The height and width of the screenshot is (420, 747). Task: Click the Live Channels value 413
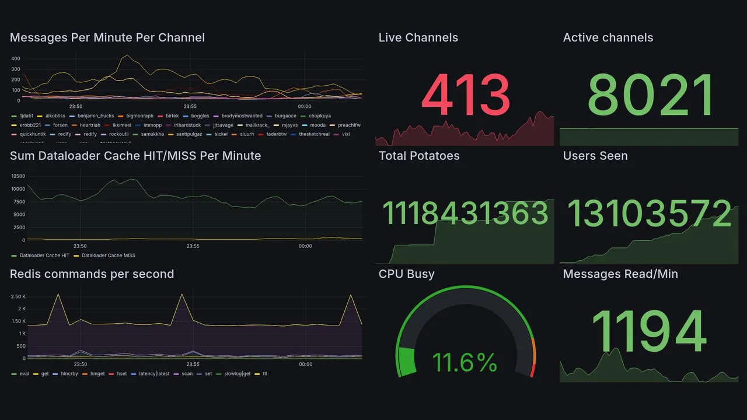[x=465, y=96]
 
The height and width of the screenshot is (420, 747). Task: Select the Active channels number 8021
[x=651, y=96]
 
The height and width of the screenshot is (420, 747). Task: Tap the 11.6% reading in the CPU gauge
[x=465, y=363]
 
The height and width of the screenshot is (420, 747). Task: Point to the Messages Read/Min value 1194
[x=649, y=331]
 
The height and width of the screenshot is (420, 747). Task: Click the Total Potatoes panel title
[x=419, y=156]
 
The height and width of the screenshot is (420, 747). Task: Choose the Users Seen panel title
[x=595, y=156]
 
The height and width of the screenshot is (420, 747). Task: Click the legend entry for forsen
[x=60, y=125]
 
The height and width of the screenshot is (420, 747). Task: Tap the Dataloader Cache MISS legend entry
[x=108, y=256]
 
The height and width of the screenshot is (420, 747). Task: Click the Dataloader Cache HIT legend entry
[x=44, y=256]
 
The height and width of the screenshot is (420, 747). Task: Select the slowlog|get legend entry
[x=236, y=373]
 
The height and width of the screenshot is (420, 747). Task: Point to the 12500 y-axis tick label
[x=18, y=176]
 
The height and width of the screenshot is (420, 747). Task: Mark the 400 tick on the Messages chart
[x=16, y=59]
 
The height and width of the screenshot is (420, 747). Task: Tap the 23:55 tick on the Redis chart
[x=193, y=364]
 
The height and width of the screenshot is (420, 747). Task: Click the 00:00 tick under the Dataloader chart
[x=305, y=246]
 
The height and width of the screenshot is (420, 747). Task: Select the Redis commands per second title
[x=92, y=274]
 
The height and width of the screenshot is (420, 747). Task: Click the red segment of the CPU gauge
[x=531, y=370]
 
